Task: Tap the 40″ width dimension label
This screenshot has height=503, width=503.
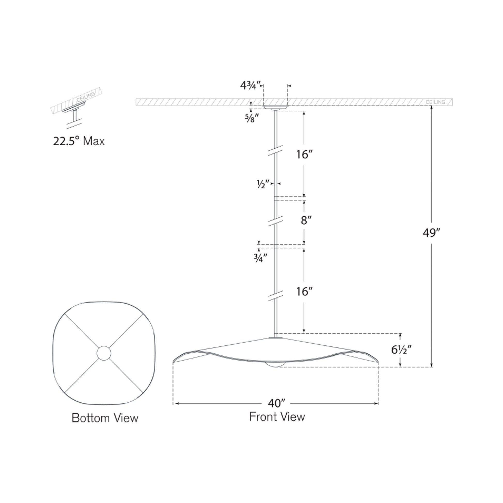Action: (x=276, y=403)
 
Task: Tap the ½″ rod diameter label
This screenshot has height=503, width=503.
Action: (x=263, y=184)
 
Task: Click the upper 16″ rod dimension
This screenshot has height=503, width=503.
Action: (x=304, y=154)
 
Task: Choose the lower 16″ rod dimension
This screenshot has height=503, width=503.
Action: (x=304, y=292)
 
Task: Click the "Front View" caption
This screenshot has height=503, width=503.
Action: (x=277, y=417)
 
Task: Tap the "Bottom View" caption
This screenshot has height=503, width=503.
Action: (x=105, y=418)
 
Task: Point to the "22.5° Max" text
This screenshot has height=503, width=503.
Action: (x=79, y=141)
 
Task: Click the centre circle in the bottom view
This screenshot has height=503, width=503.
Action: (x=104, y=353)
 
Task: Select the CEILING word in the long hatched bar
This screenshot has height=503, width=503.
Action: (x=435, y=102)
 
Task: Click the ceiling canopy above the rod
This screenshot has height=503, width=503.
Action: (x=276, y=107)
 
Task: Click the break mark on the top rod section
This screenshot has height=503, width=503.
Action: (x=276, y=151)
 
